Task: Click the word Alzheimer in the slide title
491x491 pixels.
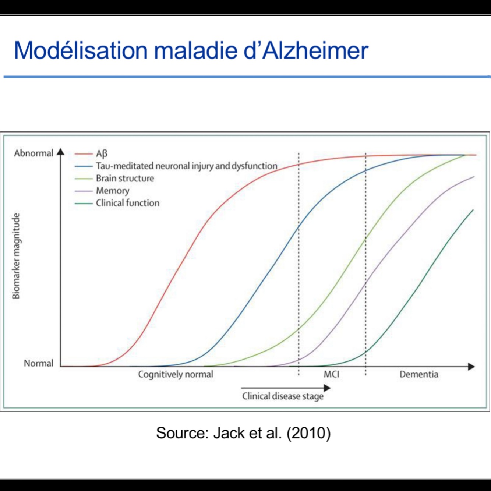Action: (x=315, y=50)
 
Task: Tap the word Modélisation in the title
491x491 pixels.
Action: (x=81, y=50)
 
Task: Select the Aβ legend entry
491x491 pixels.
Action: (x=102, y=153)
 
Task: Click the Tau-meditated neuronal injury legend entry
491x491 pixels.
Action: (x=186, y=166)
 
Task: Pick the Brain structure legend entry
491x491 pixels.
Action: (x=125, y=179)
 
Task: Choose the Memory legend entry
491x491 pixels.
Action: (x=113, y=191)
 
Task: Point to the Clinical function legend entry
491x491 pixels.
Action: (x=127, y=203)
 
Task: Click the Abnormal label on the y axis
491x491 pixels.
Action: (x=33, y=153)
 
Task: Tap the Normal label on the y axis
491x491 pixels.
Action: (x=38, y=363)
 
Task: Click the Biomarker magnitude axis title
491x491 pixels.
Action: (x=16, y=256)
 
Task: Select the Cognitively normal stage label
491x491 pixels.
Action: (x=176, y=374)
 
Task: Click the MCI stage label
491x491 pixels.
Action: (x=331, y=374)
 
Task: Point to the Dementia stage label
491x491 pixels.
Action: (x=419, y=374)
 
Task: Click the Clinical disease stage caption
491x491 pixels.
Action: (x=283, y=396)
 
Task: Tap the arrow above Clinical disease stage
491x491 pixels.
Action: (x=286, y=388)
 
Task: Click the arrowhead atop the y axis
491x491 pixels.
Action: (x=61, y=152)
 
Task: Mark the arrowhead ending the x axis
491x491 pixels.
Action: (x=471, y=367)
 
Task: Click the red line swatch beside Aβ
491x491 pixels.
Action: (x=84, y=153)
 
